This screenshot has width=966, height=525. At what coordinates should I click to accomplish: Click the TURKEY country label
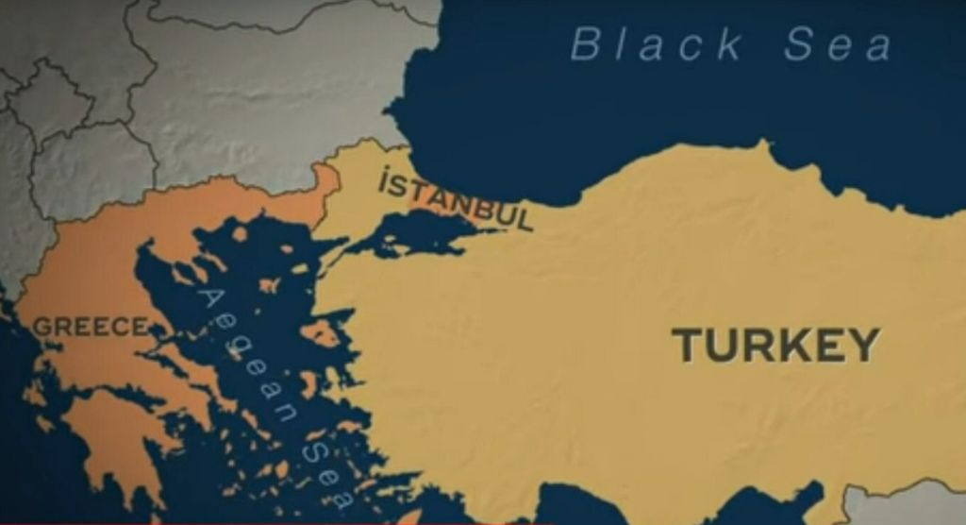(775, 345)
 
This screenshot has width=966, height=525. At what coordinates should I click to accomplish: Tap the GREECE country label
(91, 328)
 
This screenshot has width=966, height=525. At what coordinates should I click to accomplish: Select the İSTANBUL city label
(456, 199)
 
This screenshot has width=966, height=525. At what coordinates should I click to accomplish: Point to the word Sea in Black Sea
(838, 45)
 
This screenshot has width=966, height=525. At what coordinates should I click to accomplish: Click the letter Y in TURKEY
(864, 345)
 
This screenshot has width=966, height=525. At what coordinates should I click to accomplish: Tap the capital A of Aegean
(210, 301)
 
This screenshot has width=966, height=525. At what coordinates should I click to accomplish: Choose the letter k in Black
(728, 45)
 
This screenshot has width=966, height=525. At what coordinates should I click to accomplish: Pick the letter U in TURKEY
(719, 346)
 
